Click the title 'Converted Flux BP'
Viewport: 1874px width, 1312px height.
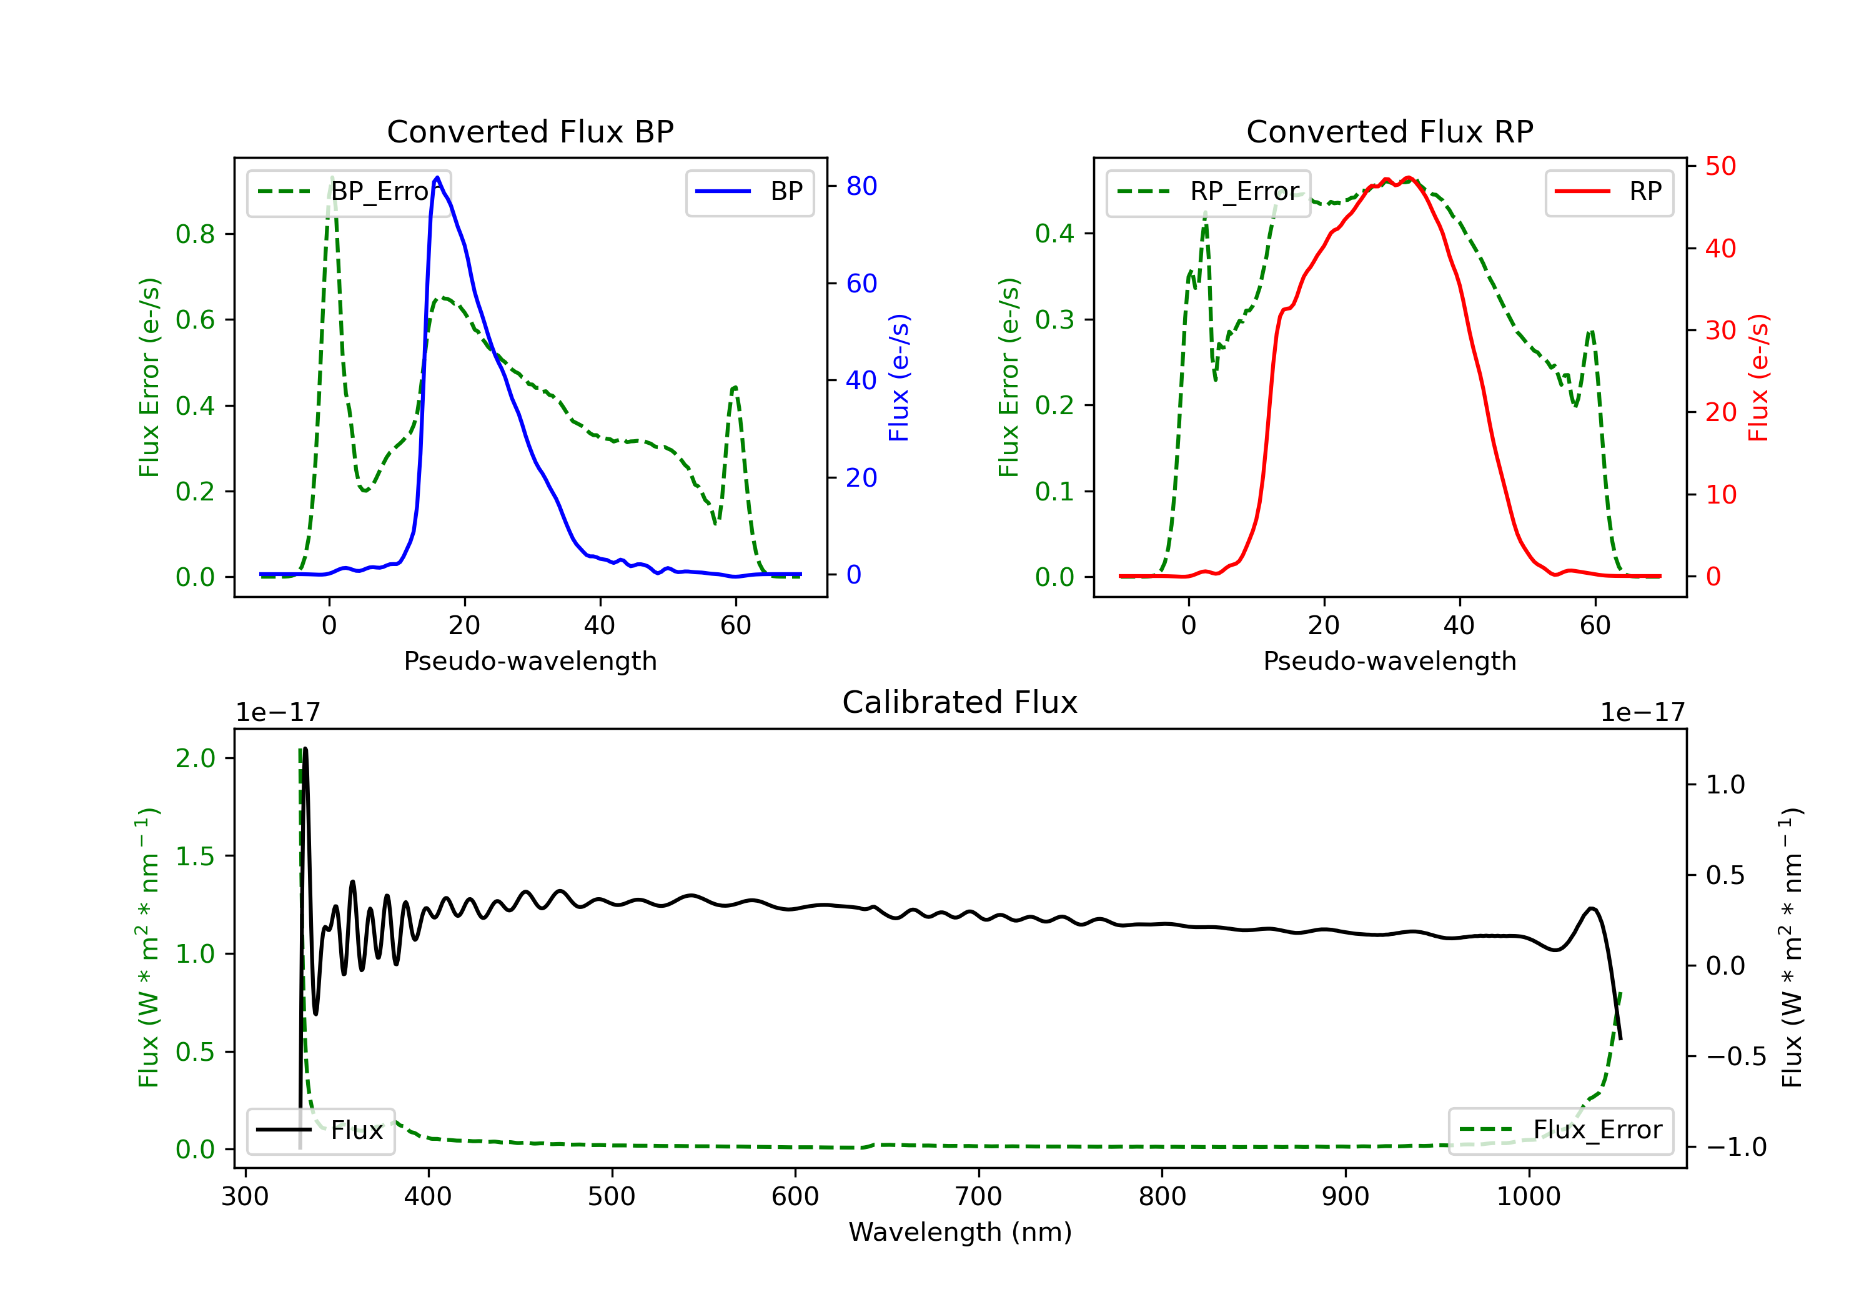coord(530,131)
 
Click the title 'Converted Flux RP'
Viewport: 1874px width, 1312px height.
coord(1389,131)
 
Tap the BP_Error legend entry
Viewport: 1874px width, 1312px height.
coord(349,192)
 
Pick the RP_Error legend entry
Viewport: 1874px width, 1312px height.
coord(1209,192)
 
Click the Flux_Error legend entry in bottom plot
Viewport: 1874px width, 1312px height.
coord(1560,1130)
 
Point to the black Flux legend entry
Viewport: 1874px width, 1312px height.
coord(321,1130)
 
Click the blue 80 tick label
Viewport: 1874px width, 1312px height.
coord(861,186)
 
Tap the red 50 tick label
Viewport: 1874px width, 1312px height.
coord(1720,167)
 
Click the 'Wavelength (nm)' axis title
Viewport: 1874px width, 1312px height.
coord(960,1232)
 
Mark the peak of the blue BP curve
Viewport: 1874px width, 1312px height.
coord(437,177)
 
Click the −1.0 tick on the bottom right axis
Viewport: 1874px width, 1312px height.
coord(1736,1147)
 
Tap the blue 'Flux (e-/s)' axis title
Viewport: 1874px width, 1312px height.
coord(899,377)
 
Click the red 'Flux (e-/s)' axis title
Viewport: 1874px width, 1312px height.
coord(1757,377)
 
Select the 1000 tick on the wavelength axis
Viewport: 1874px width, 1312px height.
coord(1528,1197)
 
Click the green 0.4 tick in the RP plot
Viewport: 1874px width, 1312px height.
coord(1054,234)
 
